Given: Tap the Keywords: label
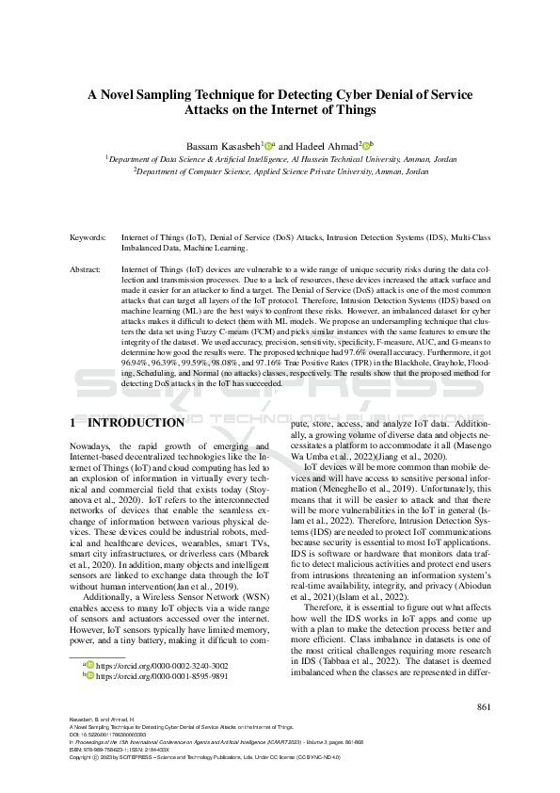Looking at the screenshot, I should [x=88, y=239].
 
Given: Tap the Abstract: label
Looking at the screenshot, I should [x=87, y=269].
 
